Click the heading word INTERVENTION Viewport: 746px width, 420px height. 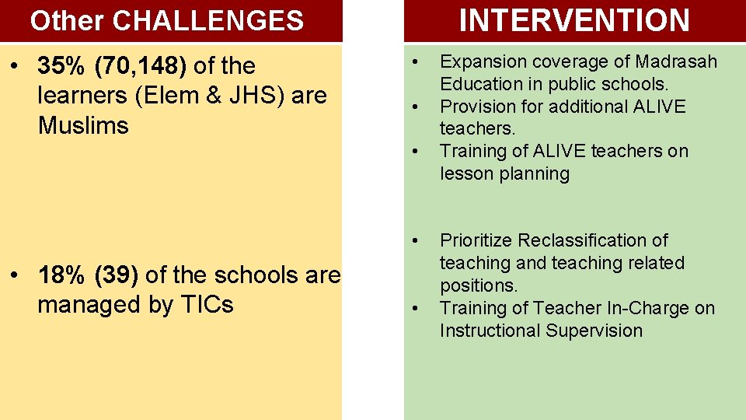[574, 20]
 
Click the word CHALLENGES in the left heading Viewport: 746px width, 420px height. [208, 21]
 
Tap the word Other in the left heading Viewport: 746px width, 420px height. [68, 21]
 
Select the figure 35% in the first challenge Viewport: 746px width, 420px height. [62, 66]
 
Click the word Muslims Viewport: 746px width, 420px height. [83, 125]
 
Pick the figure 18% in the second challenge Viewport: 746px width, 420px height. [62, 275]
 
